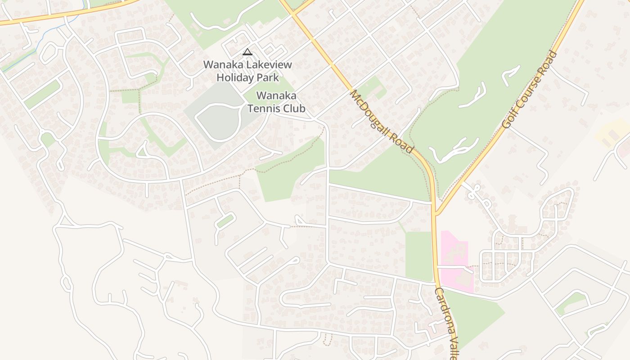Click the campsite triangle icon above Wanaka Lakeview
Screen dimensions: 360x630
[247, 52]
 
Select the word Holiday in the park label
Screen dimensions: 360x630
[235, 77]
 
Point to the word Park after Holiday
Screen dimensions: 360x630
[268, 77]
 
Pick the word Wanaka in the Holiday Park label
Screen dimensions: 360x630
[220, 65]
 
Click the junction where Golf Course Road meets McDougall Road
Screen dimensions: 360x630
[435, 213]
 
